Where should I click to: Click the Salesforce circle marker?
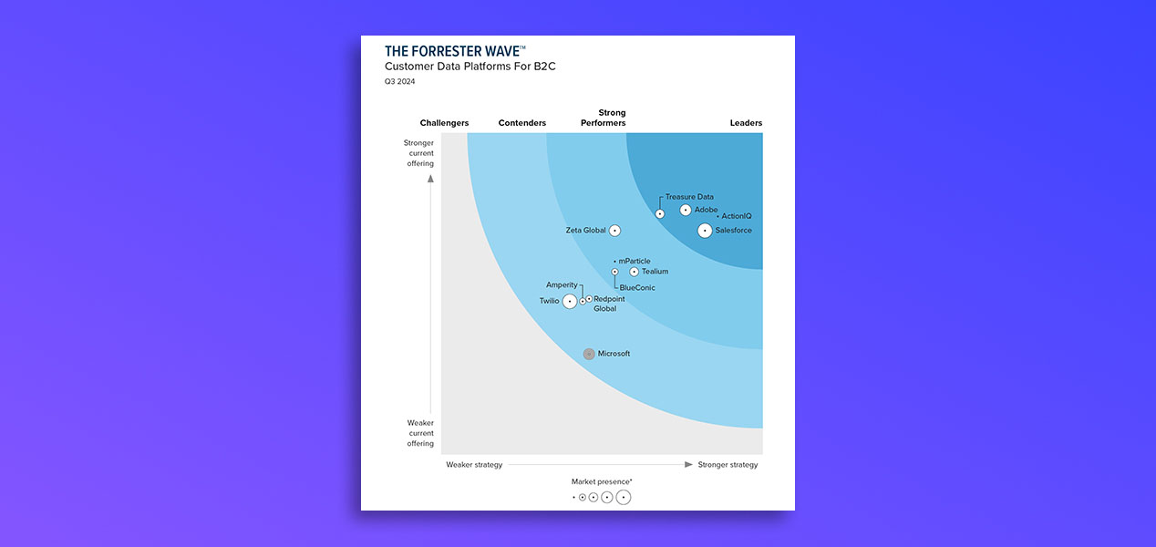point(705,231)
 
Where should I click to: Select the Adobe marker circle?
point(686,210)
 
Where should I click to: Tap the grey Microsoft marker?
point(589,354)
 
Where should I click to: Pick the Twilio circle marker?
point(570,301)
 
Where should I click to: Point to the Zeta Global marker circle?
point(615,231)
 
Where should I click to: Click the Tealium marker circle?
point(635,272)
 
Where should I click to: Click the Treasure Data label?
point(689,197)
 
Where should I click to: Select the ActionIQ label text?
point(736,216)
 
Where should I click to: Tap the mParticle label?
point(635,262)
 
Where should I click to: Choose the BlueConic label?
point(637,288)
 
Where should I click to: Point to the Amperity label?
point(562,285)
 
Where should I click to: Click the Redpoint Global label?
point(608,304)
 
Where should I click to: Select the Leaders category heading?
point(746,123)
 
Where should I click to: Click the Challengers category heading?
point(444,123)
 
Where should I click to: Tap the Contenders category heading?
point(522,123)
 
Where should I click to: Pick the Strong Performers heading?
point(604,118)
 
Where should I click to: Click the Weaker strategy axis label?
point(474,465)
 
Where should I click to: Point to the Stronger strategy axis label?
point(728,465)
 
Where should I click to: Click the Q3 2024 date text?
point(399,82)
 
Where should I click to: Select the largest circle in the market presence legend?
point(624,498)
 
